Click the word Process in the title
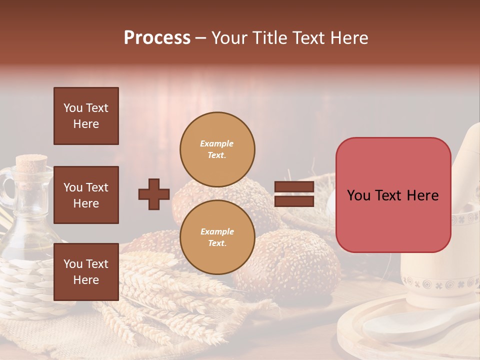157,38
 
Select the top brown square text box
86,116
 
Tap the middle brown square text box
86,195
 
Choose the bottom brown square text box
86,272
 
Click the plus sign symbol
154,194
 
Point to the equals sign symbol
294,194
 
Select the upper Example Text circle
217,149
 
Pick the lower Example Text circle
217,237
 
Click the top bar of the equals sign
294,187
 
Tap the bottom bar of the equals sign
294,201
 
